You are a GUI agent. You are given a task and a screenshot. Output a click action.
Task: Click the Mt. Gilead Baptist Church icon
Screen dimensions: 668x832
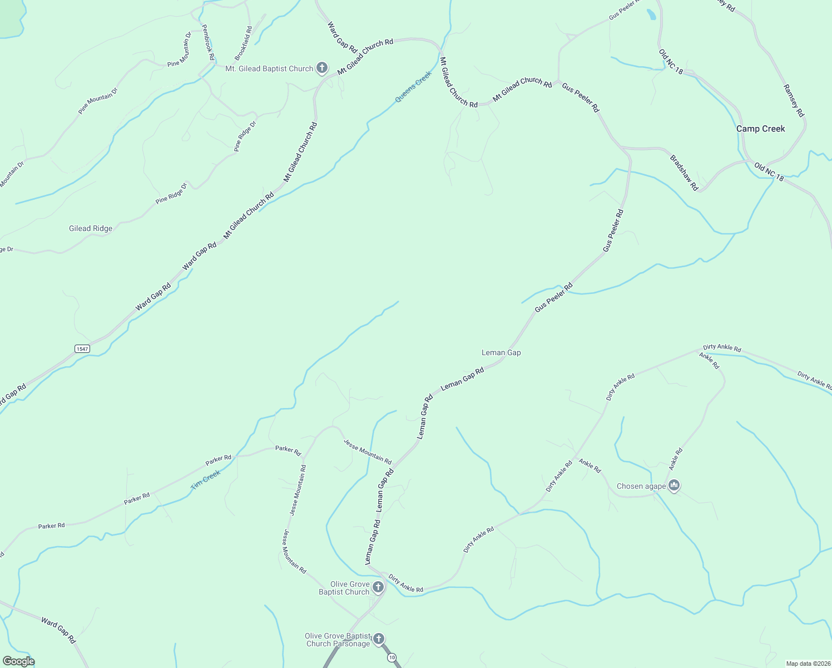321,68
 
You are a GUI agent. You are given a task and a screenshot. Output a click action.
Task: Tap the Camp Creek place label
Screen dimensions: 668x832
760,129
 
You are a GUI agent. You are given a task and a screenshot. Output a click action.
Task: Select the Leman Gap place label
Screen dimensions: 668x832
501,352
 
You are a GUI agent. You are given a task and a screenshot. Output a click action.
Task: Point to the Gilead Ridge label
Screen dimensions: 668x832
91,228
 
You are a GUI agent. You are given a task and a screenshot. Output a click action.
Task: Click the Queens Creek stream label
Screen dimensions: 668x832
413,87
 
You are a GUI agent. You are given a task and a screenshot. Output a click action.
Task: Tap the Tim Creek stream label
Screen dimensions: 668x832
206,479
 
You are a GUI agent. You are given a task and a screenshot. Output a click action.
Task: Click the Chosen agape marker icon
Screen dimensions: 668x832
675,486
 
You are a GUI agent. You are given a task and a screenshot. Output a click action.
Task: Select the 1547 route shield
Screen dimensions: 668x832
82,348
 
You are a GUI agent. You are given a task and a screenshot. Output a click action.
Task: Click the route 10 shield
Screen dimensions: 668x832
392,657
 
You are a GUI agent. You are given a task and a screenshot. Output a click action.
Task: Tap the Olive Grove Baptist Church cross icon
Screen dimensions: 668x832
378,587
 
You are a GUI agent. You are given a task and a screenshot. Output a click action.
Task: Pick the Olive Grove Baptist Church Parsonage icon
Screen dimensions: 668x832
379,638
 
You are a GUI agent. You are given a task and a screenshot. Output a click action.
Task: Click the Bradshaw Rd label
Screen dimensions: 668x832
684,173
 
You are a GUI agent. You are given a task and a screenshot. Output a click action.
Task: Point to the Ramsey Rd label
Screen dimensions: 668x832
794,100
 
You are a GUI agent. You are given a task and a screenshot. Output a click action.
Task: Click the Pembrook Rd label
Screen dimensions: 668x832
208,42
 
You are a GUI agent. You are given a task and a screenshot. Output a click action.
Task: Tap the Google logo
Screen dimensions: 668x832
18,661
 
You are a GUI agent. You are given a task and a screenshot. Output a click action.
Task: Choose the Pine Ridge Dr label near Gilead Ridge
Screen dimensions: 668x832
171,193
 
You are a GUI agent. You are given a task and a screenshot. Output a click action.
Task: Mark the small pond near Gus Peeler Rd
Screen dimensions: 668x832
651,14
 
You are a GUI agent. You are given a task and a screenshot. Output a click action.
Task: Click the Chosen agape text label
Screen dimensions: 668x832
641,486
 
